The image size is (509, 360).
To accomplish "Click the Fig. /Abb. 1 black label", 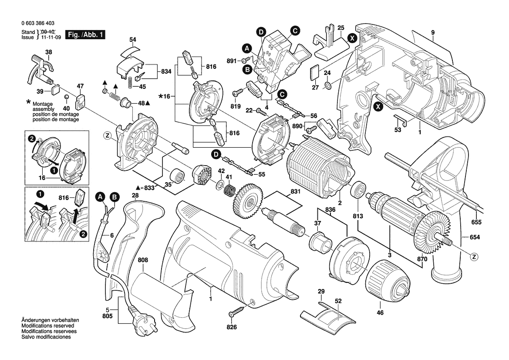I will pyautogui.click(x=85, y=34).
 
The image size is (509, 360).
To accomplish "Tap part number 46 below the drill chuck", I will pyautogui.click(x=380, y=312).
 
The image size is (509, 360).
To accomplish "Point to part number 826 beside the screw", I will pyautogui.click(x=232, y=327).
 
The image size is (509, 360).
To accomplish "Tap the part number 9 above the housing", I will pyautogui.click(x=433, y=32).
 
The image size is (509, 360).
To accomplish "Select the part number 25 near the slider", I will pyautogui.click(x=341, y=28).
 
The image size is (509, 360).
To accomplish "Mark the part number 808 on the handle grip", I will pyautogui.click(x=143, y=260).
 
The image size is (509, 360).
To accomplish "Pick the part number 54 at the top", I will pyautogui.click(x=133, y=40).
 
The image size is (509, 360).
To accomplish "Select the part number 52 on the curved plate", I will pyautogui.click(x=338, y=301).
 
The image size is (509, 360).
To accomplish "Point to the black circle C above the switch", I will pyautogui.click(x=295, y=31).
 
